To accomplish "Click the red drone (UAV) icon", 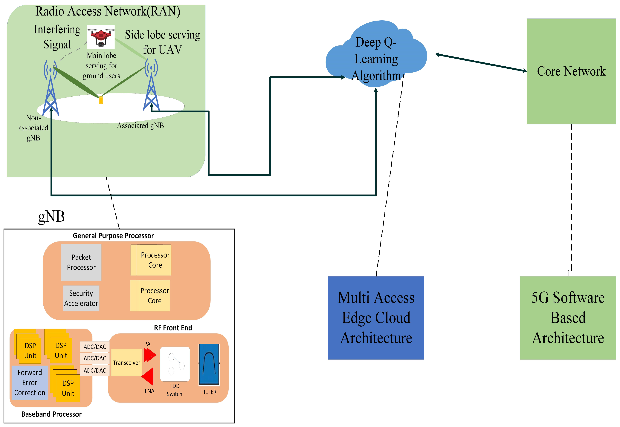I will pyautogui.click(x=101, y=37).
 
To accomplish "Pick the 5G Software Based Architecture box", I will pyautogui.click(x=568, y=318).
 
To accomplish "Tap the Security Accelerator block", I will pyautogui.click(x=81, y=298).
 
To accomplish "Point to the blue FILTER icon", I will pyautogui.click(x=209, y=364).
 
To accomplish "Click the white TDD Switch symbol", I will pyautogui.click(x=175, y=364).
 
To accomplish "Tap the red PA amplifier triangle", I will pyautogui.click(x=149, y=355).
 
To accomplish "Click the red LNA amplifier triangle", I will pyautogui.click(x=148, y=377).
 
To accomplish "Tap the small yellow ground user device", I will pyautogui.click(x=101, y=100).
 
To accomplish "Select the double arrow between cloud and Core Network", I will pyautogui.click(x=481, y=63).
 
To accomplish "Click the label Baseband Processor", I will pyautogui.click(x=51, y=414).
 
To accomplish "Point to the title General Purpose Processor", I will pyautogui.click(x=113, y=236).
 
